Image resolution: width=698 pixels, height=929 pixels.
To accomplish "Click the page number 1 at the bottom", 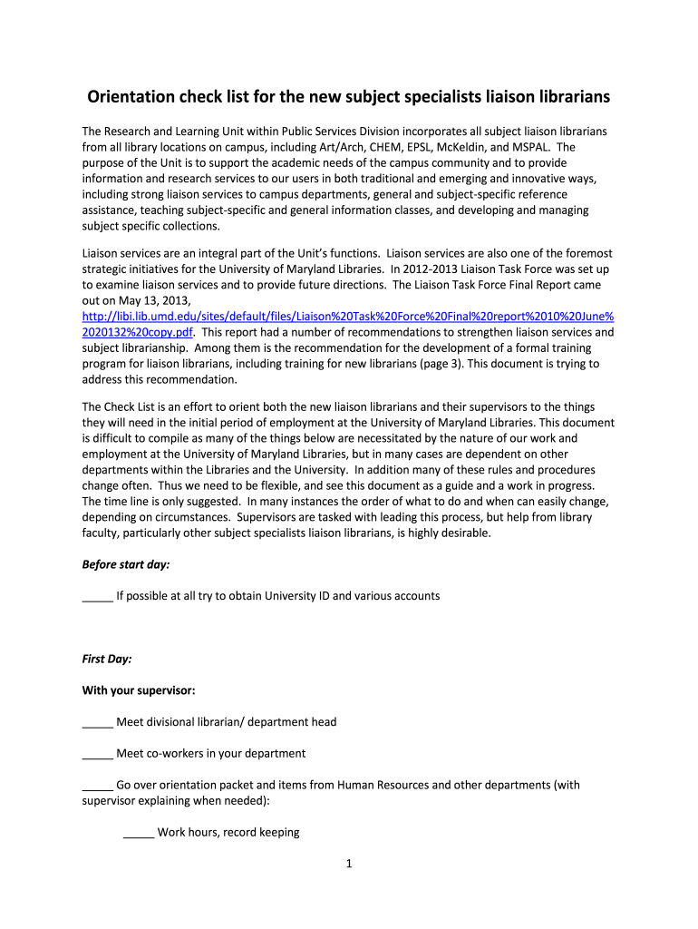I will (349, 864).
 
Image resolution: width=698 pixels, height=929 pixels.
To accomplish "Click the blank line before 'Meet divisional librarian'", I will (97, 723).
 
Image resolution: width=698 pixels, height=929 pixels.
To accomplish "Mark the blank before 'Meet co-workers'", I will (97, 754).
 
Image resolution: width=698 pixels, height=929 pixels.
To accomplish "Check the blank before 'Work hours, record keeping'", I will (138, 833).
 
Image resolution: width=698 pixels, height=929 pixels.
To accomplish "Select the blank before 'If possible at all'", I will (97, 597).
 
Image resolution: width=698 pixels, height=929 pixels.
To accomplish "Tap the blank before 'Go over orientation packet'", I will (97, 786).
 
